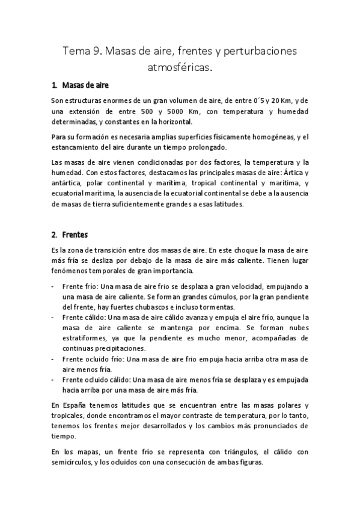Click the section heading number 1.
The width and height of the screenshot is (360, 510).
click(x=53, y=85)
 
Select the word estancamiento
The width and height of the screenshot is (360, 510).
click(x=77, y=147)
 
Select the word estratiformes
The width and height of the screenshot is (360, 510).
click(x=82, y=339)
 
